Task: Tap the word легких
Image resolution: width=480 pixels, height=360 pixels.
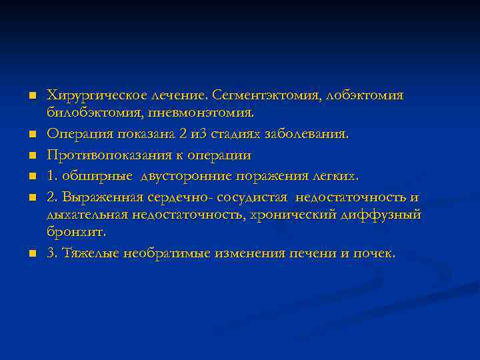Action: click(x=337, y=177)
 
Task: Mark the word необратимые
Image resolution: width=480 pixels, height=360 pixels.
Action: click(x=176, y=253)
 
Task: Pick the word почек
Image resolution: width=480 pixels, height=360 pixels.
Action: click(x=375, y=253)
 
